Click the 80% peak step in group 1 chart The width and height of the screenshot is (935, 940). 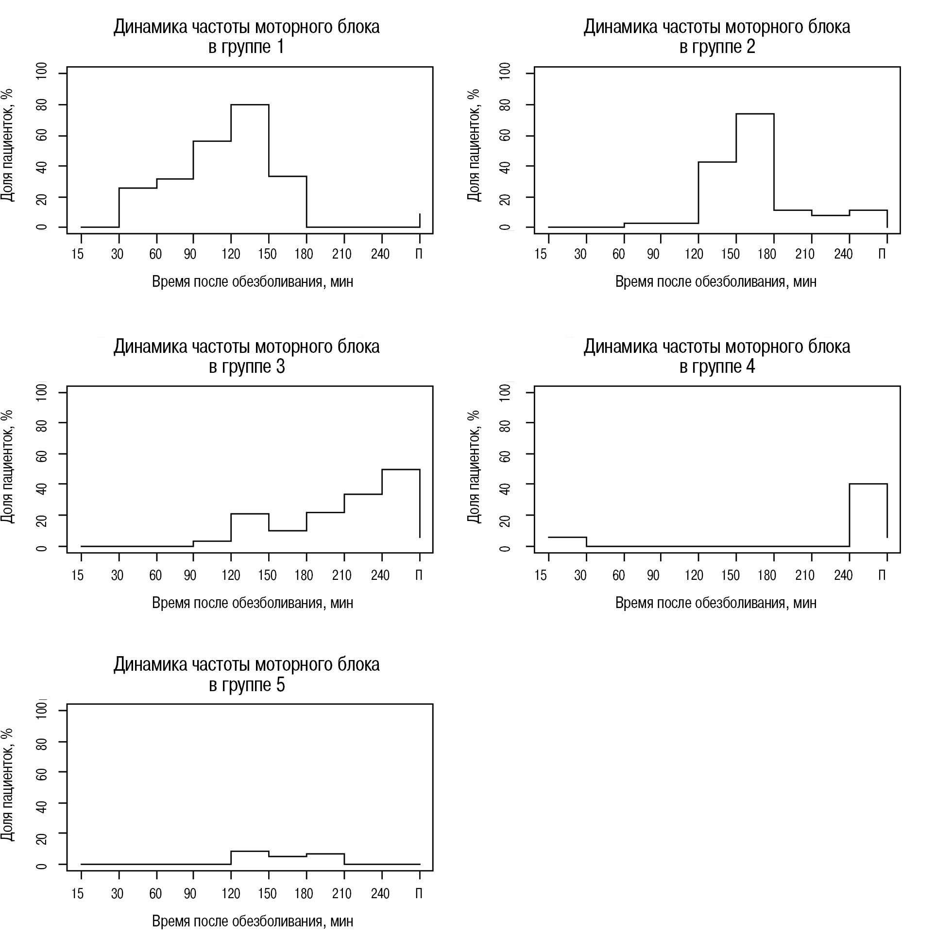click(250, 104)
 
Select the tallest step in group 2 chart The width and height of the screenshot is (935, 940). click(755, 114)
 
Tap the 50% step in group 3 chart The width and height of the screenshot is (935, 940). click(401, 470)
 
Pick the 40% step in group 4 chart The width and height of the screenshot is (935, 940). click(868, 484)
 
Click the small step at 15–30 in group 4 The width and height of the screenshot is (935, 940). click(567, 537)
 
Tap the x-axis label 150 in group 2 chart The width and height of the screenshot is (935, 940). click(730, 254)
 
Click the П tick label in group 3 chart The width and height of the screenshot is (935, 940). click(419, 575)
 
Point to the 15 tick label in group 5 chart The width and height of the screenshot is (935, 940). click(77, 894)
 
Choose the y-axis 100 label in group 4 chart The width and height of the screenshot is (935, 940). click(506, 392)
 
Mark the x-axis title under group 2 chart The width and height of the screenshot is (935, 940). click(715, 282)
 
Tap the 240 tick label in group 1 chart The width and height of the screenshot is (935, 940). click(380, 254)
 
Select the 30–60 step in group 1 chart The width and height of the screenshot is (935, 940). click(138, 188)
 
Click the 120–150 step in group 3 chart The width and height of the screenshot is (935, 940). click(250, 514)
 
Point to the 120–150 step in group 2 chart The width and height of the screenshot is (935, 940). click(717, 162)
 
